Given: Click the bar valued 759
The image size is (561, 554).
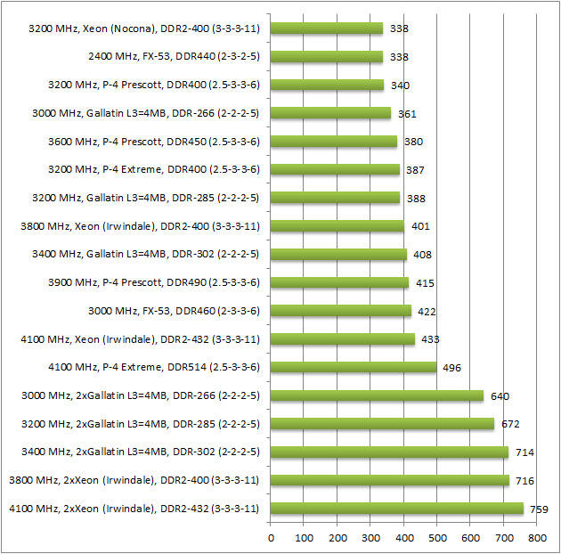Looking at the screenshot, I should pyautogui.click(x=396, y=509).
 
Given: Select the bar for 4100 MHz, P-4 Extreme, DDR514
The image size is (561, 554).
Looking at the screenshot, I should pyautogui.click(x=354, y=367).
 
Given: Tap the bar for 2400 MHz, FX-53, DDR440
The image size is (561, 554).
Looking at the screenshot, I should pyautogui.click(x=327, y=56).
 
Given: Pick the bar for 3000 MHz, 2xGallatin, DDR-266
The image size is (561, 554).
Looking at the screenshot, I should pyautogui.click(x=377, y=395).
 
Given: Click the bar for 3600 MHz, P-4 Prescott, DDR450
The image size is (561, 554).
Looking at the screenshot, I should pyautogui.click(x=334, y=141).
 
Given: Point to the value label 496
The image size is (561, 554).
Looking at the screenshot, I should pyautogui.click(x=452, y=367).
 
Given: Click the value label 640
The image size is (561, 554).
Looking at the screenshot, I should pyautogui.click(x=500, y=395).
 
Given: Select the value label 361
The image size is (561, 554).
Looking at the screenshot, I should pyautogui.click(x=407, y=113).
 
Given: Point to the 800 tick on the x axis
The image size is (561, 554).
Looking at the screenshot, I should pyautogui.click(x=536, y=539).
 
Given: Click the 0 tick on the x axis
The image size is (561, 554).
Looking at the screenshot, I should pyautogui.click(x=271, y=539).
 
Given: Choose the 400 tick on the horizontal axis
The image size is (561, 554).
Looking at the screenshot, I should pyautogui.click(x=403, y=539).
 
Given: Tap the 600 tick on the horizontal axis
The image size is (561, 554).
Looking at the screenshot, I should pyautogui.click(x=470, y=539).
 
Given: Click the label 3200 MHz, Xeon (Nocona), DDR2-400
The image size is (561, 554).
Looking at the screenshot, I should pyautogui.click(x=143, y=29).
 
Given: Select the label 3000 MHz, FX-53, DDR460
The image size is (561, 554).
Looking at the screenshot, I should pyautogui.click(x=174, y=311).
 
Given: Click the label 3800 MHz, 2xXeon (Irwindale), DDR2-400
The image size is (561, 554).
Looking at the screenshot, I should pyautogui.click(x=134, y=480).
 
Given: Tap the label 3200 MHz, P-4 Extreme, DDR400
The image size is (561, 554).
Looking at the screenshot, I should pyautogui.click(x=155, y=169).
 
